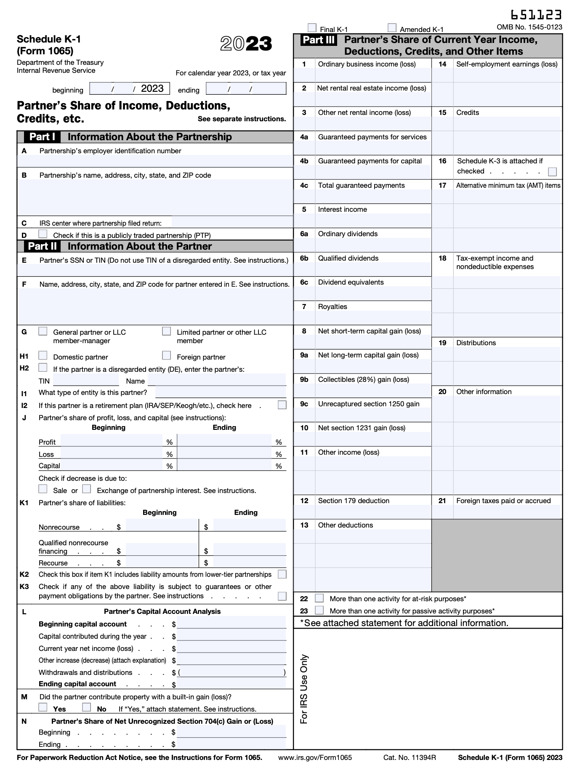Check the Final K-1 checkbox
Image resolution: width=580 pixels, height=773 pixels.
click(x=312, y=28)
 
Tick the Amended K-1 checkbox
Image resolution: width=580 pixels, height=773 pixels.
click(x=392, y=28)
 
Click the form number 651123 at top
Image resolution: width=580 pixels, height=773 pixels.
click(x=536, y=15)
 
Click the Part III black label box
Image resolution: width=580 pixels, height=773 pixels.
click(x=319, y=40)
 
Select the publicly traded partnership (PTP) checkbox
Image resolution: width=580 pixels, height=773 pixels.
click(x=43, y=234)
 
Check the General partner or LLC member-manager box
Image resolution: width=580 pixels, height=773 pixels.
click(x=43, y=331)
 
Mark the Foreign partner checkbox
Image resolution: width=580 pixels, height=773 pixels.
click(x=167, y=356)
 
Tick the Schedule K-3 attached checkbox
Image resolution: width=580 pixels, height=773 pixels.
click(x=553, y=172)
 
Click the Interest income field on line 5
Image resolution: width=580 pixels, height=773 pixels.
click(x=373, y=221)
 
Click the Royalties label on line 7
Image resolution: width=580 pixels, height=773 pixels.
click(x=333, y=307)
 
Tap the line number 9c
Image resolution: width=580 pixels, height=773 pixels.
click(x=304, y=404)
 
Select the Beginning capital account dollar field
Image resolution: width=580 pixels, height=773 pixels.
click(x=231, y=624)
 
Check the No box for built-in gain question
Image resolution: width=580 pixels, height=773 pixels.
click(x=87, y=707)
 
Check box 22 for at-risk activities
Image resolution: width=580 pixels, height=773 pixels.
click(x=319, y=598)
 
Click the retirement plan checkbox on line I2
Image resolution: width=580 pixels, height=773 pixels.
click(x=282, y=405)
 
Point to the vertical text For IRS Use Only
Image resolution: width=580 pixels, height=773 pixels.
click(x=304, y=689)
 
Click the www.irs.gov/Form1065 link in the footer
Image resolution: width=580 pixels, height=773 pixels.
click(x=315, y=758)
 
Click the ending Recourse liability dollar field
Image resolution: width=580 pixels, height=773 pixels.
click(x=249, y=562)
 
